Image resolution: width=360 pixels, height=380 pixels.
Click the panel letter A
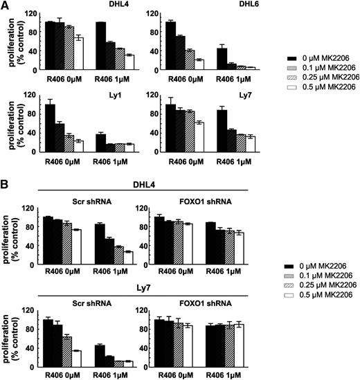[5, 6]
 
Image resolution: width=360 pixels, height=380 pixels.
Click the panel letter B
[5, 186]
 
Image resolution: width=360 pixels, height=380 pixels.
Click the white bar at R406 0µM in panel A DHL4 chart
[78, 53]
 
